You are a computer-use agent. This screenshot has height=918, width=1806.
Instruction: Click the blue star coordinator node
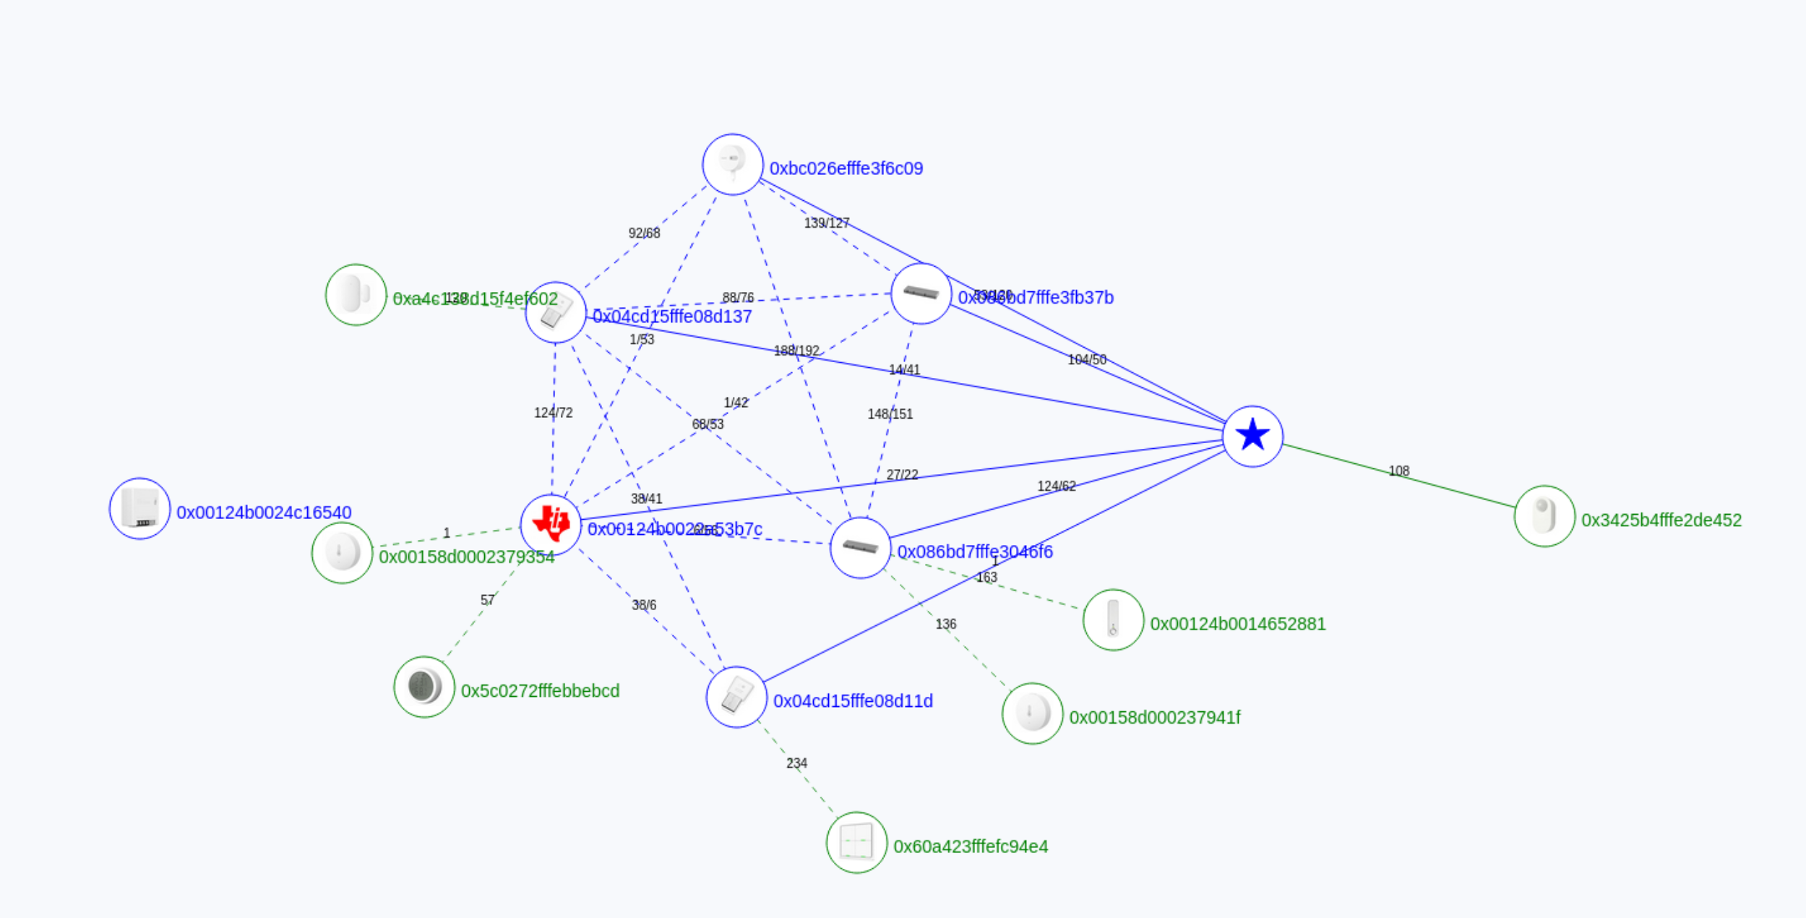pos(1252,436)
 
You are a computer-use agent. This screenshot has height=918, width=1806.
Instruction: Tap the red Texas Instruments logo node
pos(551,524)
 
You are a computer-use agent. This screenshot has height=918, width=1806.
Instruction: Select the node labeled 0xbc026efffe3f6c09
pos(732,164)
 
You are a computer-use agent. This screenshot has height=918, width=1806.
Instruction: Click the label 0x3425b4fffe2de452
pos(1661,520)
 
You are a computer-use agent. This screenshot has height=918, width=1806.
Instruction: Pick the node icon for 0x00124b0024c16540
pos(139,508)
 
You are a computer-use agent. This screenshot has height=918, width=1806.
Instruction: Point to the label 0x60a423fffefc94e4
pos(970,846)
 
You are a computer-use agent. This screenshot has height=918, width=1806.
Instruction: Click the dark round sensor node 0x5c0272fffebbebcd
pos(424,687)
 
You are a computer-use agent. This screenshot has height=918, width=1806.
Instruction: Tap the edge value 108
pos(1398,471)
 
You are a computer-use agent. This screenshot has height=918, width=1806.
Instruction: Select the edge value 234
pos(796,763)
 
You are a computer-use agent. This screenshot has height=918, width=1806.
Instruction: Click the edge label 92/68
pos(644,233)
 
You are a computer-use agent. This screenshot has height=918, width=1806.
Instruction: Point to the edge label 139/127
pos(827,223)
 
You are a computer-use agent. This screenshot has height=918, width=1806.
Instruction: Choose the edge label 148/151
pos(890,414)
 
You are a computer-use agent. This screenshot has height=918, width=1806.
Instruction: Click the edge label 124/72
pos(553,413)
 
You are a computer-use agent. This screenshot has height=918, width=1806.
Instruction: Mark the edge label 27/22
pos(902,475)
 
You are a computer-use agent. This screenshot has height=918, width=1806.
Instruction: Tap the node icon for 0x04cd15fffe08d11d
pos(736,697)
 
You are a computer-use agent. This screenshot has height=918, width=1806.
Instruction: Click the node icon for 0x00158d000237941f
pos(1032,713)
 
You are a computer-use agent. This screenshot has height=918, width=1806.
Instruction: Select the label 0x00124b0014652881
pos(1237,624)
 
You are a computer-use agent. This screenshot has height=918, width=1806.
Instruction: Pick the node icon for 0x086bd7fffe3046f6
pos(860,547)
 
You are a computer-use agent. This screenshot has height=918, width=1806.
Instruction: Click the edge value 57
pos(488,600)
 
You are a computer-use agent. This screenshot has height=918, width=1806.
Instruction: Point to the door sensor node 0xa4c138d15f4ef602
pos(356,295)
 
